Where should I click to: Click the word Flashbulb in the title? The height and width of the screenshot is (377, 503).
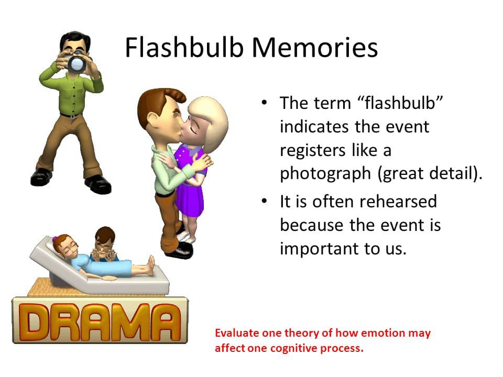tap(184, 48)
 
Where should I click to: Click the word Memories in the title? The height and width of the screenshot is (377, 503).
tap(315, 48)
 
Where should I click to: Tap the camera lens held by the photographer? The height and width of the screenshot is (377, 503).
tap(77, 64)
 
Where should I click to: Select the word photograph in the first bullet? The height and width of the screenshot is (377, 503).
tap(325, 174)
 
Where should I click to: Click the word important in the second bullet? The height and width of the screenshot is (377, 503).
tap(320, 249)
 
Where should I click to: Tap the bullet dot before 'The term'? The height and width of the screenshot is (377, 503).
tap(264, 103)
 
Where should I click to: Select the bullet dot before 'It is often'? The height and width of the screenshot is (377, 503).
tap(264, 201)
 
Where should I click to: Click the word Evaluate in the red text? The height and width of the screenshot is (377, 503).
tap(237, 333)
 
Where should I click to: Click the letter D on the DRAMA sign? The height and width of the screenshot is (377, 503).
tap(35, 321)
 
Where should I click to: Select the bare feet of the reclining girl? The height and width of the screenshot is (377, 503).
tap(150, 265)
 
